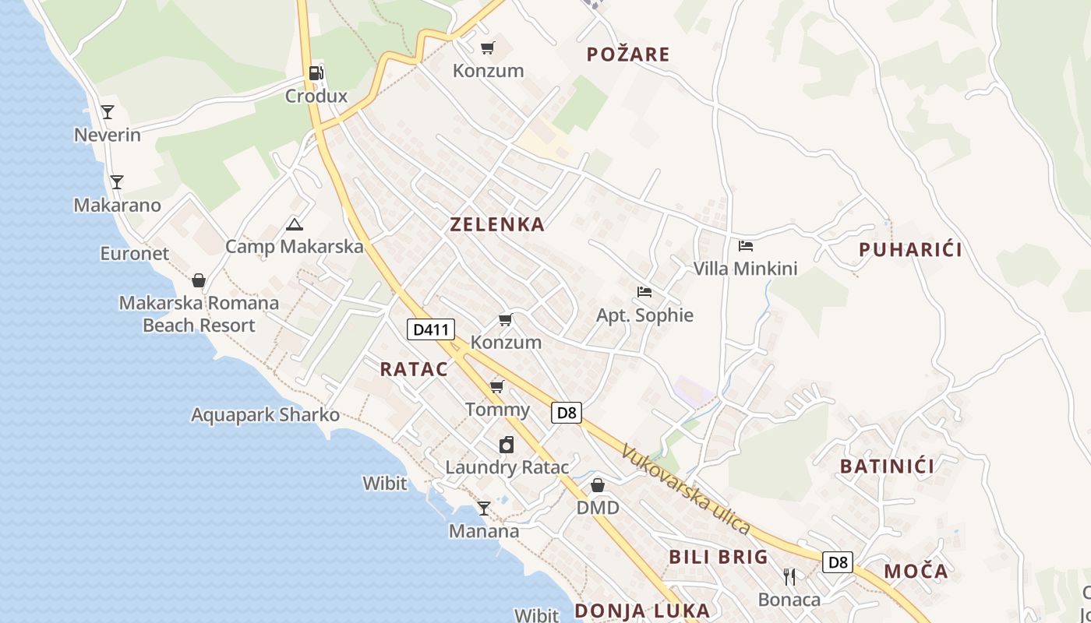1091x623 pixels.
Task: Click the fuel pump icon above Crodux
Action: [316, 73]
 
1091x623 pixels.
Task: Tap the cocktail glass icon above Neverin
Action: [108, 112]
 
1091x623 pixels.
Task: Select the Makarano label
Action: [118, 206]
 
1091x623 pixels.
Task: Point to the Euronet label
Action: [134, 253]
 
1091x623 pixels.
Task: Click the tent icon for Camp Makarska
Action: [294, 225]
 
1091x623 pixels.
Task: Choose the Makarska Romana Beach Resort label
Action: [199, 314]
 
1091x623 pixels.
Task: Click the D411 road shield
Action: [430, 329]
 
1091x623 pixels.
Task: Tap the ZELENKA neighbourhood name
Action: [497, 224]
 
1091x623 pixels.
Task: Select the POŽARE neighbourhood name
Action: [628, 54]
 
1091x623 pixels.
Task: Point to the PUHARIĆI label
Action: [910, 249]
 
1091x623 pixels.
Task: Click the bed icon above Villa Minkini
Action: [746, 246]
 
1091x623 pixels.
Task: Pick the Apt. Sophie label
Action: [644, 315]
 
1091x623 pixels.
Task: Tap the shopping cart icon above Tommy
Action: [497, 386]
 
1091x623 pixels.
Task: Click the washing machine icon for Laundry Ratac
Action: [507, 445]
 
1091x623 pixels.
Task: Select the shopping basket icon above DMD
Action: [598, 485]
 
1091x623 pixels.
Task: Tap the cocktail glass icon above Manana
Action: [484, 509]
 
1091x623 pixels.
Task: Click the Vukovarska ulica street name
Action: [686, 489]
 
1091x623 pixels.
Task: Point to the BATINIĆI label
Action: [887, 466]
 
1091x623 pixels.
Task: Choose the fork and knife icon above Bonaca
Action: [789, 576]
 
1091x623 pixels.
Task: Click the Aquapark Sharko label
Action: [265, 415]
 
